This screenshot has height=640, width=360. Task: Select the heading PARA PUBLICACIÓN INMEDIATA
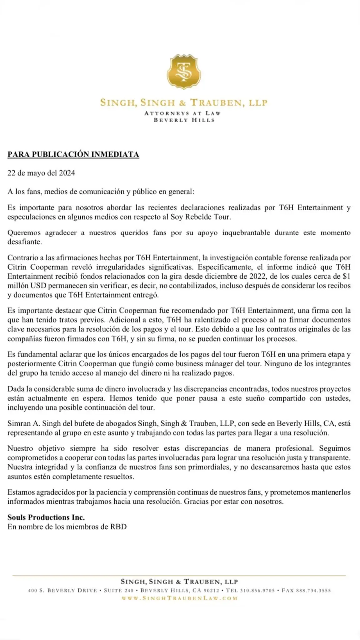73,154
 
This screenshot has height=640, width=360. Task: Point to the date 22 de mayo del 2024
41,173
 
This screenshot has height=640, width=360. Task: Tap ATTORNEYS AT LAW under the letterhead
182,113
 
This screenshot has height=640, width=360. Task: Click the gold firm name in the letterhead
184,102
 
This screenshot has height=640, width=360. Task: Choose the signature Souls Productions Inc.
46,517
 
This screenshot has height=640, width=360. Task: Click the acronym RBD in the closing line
118,527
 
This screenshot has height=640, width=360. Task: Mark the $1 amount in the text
346,276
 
